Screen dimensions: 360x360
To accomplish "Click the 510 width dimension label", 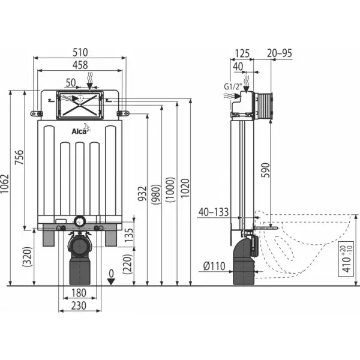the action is [80, 52].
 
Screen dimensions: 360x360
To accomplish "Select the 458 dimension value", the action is [80, 65].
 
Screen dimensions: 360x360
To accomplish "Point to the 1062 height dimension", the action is [4, 184].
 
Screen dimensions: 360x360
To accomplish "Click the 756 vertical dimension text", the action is [19, 157].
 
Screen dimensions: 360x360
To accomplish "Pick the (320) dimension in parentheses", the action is [27, 257].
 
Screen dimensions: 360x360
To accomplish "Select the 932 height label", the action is [142, 193].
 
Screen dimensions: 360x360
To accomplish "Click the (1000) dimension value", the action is [170, 190].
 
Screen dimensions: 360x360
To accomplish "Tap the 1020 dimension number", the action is [185, 188].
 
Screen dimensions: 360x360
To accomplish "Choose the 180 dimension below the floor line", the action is [79, 293].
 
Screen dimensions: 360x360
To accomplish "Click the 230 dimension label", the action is [79, 306].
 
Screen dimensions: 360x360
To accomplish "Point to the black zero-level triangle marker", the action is [111, 281].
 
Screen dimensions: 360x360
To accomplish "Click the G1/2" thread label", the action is [233, 87].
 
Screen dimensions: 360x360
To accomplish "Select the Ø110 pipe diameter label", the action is [214, 266].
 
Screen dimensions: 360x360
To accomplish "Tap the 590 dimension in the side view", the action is [266, 170].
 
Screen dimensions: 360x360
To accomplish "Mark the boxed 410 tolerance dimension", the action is [346, 259].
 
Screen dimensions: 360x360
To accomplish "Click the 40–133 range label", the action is [214, 212].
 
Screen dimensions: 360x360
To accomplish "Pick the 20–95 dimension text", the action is [280, 53].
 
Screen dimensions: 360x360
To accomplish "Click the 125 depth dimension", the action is [242, 53].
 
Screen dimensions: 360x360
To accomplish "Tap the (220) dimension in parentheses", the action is [128, 264].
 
